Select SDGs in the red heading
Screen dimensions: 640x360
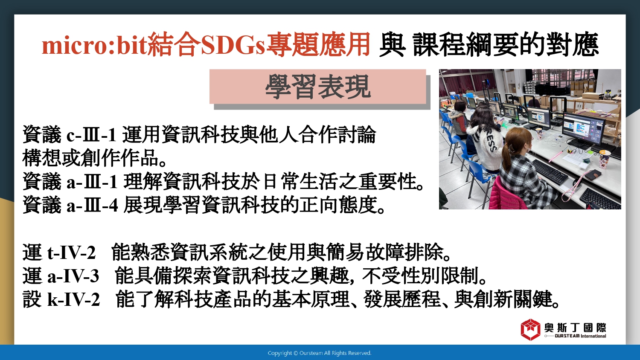(233, 45)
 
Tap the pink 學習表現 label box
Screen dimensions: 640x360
(318, 87)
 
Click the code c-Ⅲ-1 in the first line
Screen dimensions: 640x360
(91, 135)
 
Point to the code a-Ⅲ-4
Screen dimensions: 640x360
(92, 205)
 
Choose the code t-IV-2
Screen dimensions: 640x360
(71, 253)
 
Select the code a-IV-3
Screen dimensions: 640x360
(73, 276)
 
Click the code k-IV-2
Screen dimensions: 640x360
(73, 299)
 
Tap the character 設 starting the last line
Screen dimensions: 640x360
(32, 299)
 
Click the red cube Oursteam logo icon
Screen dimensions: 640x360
(530, 330)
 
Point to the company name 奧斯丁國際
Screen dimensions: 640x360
(575, 328)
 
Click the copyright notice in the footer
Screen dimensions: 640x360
(320, 353)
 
